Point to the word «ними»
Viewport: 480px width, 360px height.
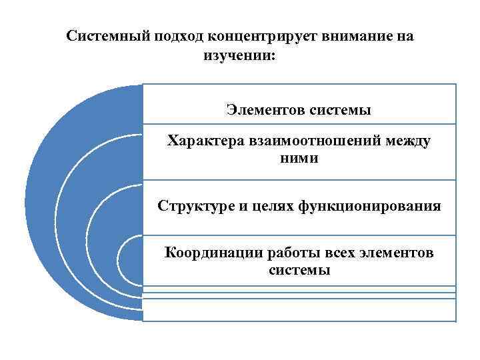click(299, 159)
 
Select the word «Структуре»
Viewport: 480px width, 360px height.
click(191, 206)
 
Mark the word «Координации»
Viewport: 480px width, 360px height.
click(213, 253)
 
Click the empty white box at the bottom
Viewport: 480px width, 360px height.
click(299, 309)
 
